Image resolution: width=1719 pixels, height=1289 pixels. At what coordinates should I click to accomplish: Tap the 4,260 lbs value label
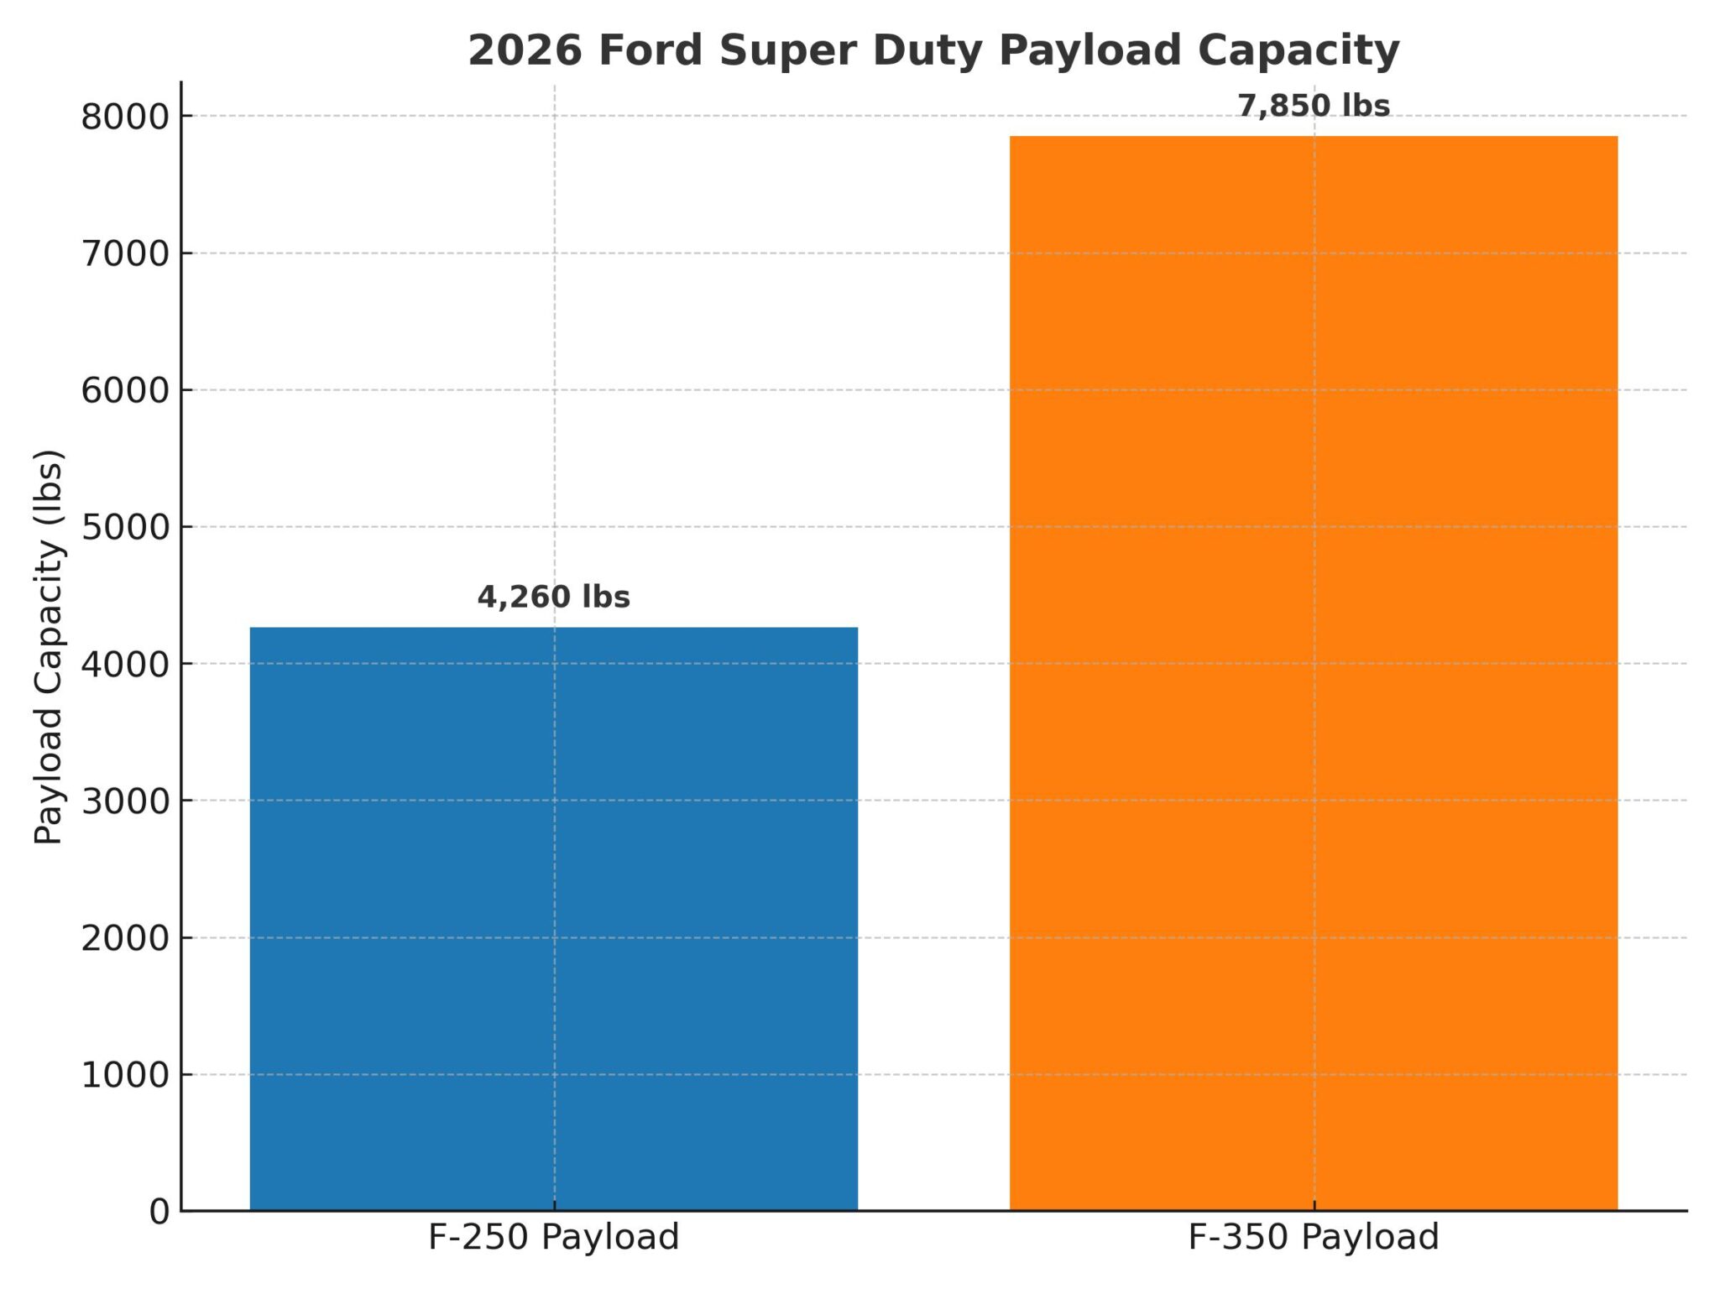pos(554,598)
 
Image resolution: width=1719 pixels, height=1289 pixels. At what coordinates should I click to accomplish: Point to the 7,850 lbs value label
pos(1314,107)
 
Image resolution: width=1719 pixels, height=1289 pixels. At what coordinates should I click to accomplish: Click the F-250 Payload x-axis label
pos(554,1238)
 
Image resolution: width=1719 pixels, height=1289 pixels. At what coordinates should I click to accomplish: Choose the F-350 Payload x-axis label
pos(1314,1238)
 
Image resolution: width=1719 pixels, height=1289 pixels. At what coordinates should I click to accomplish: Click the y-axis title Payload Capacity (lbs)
pos(49,647)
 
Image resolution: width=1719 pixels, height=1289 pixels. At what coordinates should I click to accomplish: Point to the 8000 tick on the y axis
pos(125,117)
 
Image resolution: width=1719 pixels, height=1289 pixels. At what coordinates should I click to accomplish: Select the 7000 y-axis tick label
pos(125,254)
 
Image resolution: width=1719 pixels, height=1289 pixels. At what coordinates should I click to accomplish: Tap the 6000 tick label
pos(125,391)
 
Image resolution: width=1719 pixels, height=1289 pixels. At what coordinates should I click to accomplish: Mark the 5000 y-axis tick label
pos(125,528)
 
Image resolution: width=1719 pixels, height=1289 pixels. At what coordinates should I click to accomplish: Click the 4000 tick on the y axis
pos(125,665)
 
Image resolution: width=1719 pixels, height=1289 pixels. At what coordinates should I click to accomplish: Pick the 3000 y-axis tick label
pos(125,801)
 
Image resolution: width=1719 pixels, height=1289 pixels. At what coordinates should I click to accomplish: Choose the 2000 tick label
pos(125,938)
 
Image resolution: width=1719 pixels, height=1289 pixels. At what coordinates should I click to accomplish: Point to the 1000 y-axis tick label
pos(125,1075)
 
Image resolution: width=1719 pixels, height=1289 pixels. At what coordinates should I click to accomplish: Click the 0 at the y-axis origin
pos(159,1212)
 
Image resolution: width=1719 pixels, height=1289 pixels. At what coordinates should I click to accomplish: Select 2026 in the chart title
pos(525,50)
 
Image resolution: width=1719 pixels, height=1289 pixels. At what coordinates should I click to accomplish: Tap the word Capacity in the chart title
pos(1298,50)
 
